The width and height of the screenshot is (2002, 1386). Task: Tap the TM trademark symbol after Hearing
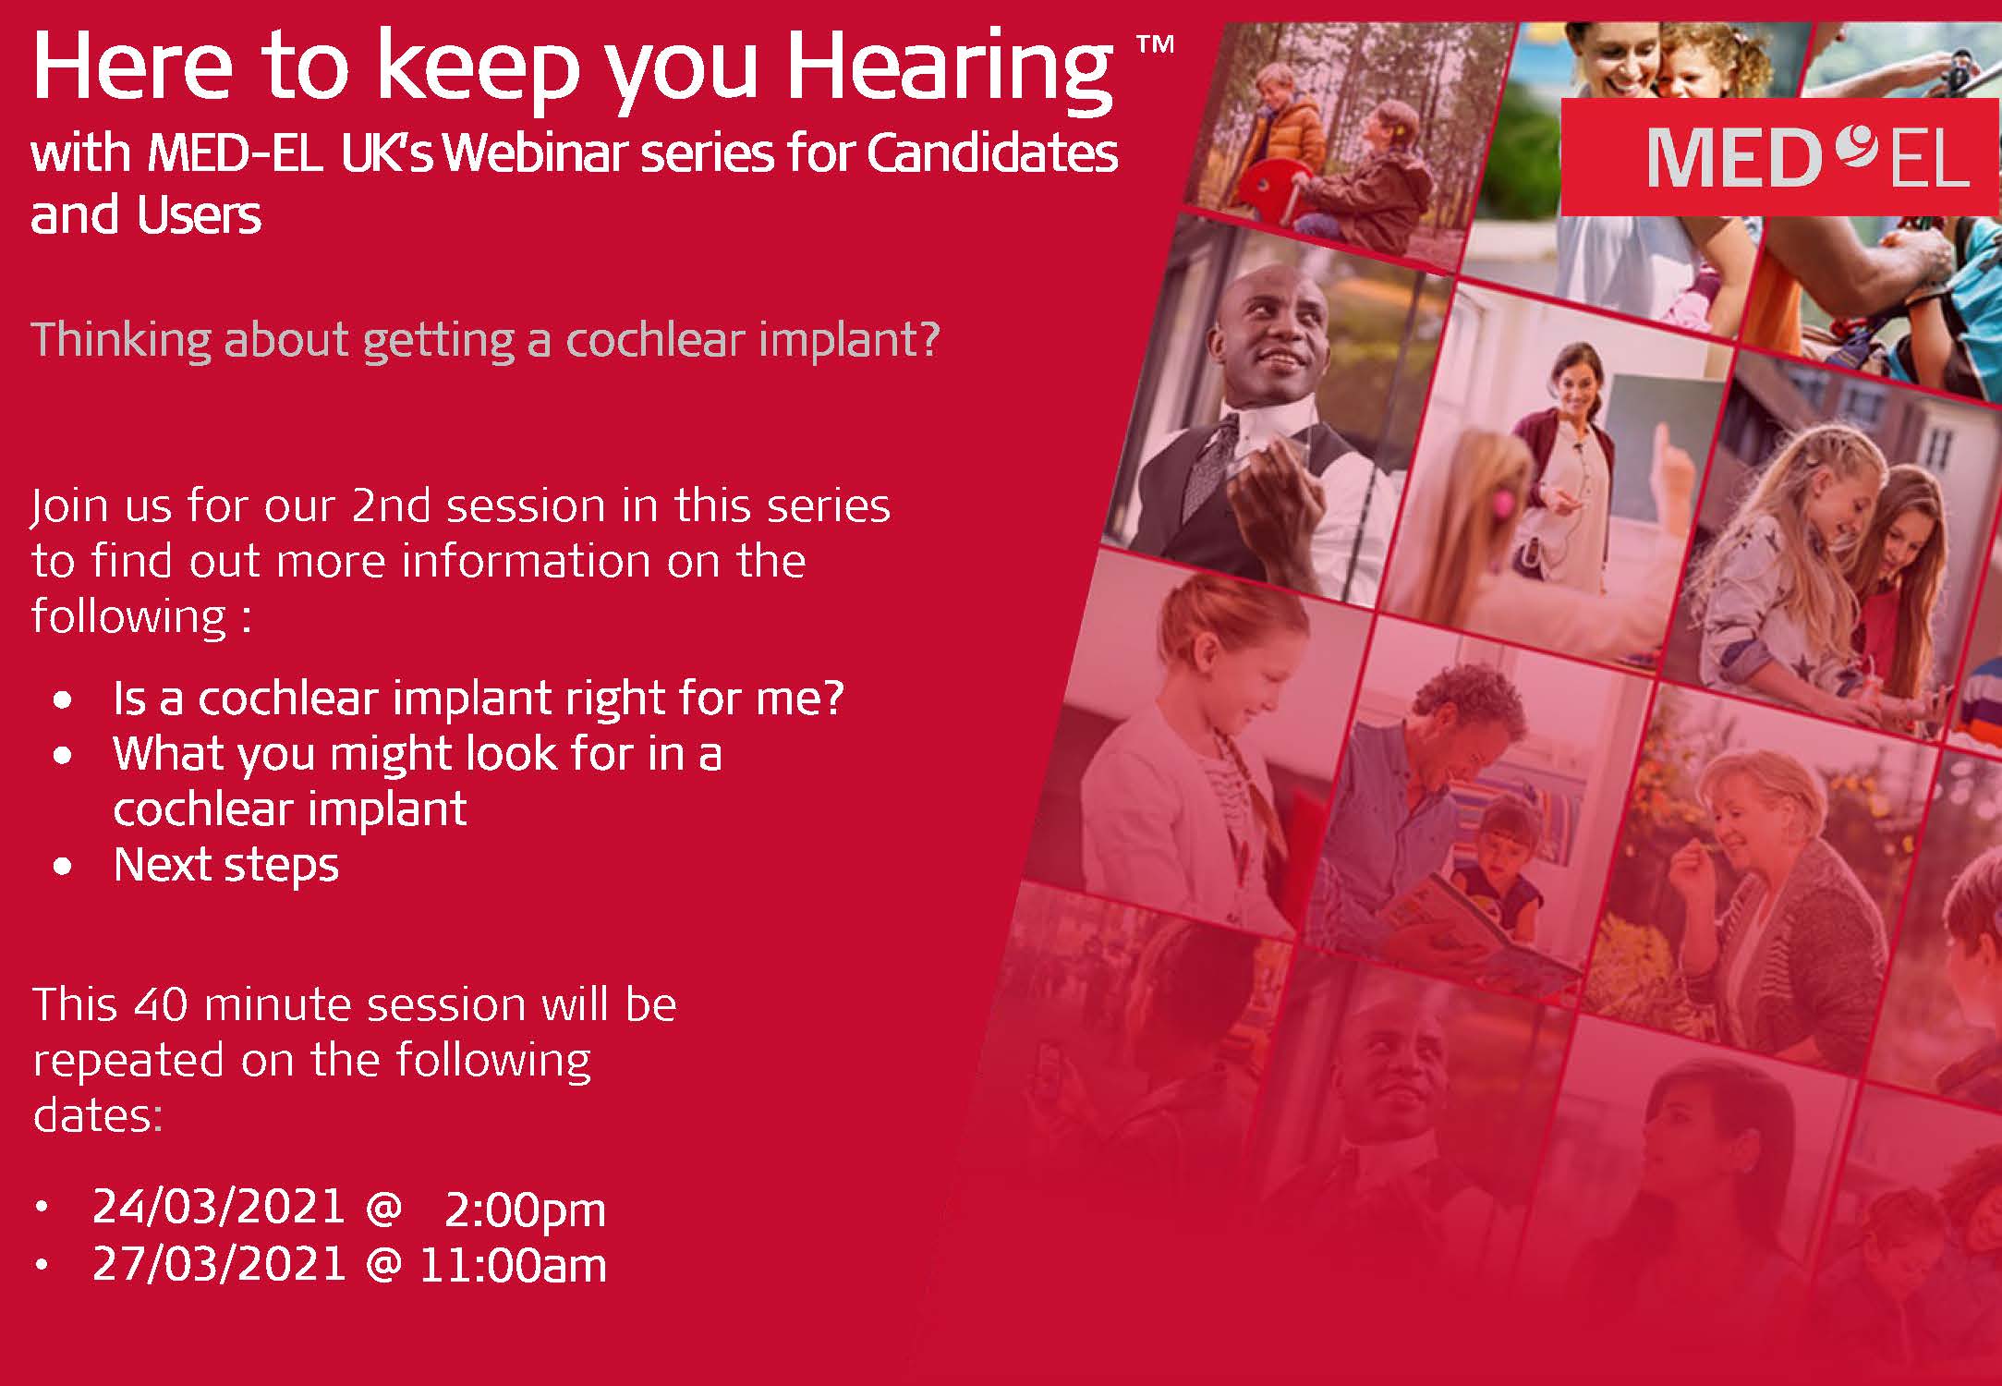[x=1155, y=44]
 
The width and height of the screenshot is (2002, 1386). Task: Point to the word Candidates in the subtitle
[x=992, y=152]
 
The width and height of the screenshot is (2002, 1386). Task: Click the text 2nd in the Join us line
[x=391, y=505]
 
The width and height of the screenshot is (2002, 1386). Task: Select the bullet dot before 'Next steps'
[x=63, y=868]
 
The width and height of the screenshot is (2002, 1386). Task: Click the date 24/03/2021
[x=219, y=1207]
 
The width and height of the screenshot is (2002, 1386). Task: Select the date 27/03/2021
[x=219, y=1264]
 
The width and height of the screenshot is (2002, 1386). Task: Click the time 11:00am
[x=513, y=1265]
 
